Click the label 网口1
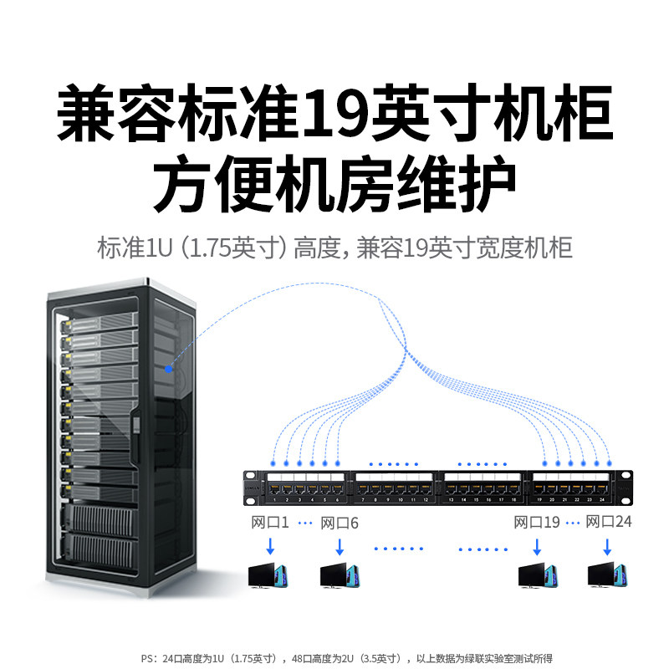point(269,523)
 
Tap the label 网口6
point(340,523)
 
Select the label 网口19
point(536,523)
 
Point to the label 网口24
point(609,523)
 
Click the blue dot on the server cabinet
point(169,368)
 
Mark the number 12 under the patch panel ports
point(425,500)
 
